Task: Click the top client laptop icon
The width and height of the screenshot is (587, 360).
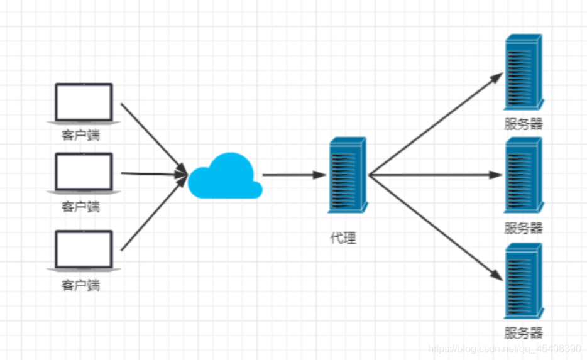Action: (x=83, y=102)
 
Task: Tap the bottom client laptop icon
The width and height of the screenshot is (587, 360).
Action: (x=83, y=251)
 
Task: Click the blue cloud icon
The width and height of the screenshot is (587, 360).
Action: (x=225, y=177)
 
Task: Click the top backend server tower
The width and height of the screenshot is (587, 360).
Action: (x=523, y=72)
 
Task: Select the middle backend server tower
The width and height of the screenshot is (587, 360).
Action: (x=523, y=175)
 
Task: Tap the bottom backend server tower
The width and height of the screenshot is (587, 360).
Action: (x=523, y=281)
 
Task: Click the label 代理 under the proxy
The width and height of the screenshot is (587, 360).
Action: (x=343, y=238)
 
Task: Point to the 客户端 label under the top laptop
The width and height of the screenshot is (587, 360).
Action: (x=80, y=134)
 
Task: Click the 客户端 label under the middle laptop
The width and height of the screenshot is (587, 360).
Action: (x=80, y=206)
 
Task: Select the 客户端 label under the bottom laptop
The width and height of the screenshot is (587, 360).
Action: (x=80, y=285)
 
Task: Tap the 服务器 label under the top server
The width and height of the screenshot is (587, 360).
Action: (x=523, y=124)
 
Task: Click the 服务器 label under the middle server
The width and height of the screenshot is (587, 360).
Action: (x=523, y=227)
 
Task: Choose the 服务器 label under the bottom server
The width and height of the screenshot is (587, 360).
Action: (x=523, y=333)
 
